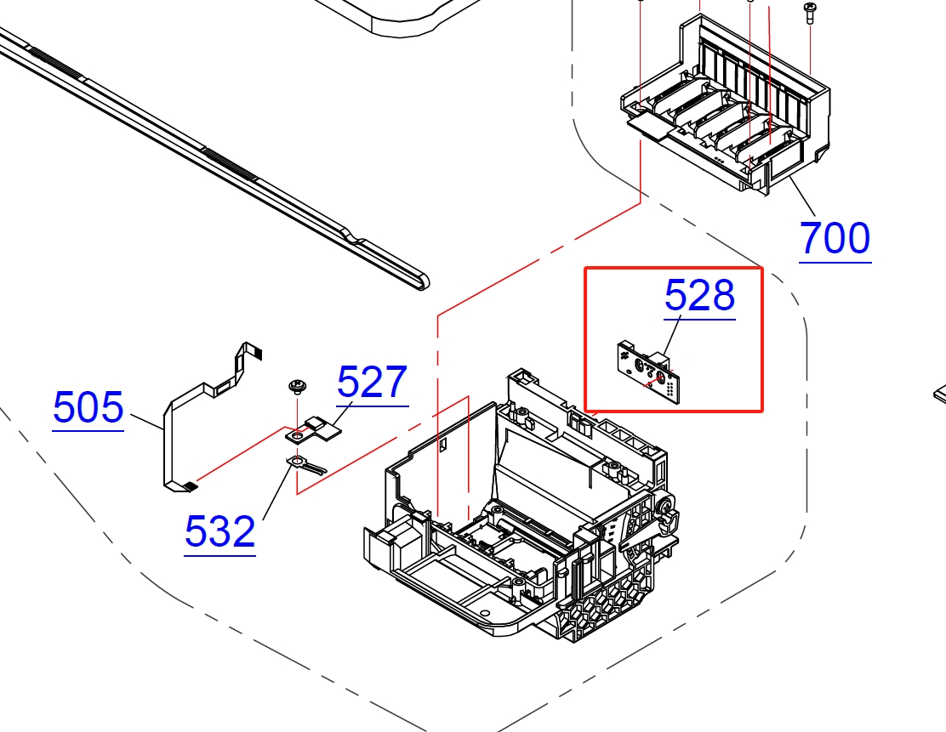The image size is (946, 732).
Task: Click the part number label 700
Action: [x=835, y=239]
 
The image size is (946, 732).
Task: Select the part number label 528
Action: [x=700, y=296]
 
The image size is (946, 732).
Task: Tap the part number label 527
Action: [x=373, y=383]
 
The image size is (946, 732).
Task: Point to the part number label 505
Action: [x=88, y=407]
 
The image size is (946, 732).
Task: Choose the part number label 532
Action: [x=220, y=532]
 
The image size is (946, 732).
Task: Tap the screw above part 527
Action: [x=297, y=387]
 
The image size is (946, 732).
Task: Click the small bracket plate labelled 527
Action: [x=314, y=428]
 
